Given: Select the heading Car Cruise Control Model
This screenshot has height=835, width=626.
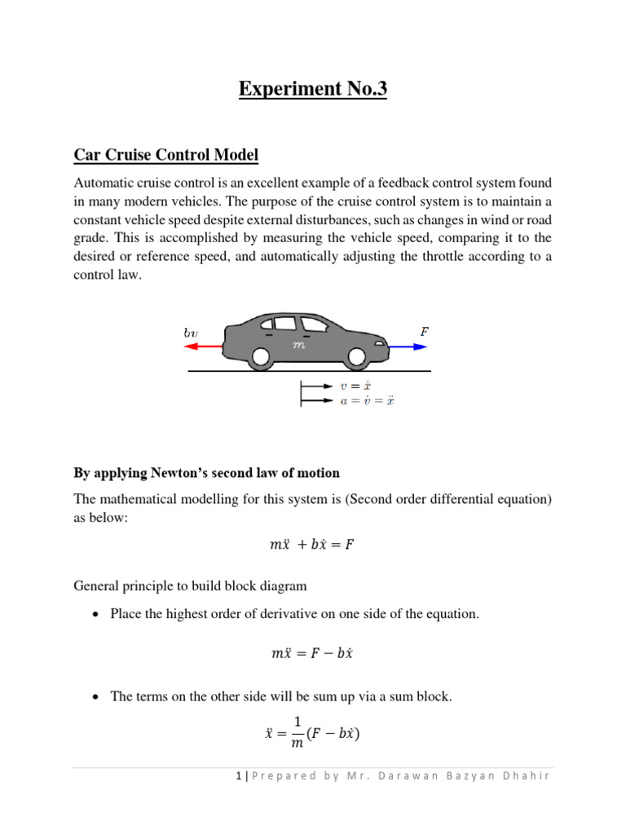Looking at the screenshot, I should coord(166,154).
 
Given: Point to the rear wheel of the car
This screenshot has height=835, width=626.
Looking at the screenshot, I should coord(260,357).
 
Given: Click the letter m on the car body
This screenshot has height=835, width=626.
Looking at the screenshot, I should coord(298,345).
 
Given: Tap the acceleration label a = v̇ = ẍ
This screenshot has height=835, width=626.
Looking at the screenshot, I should coord(368,400).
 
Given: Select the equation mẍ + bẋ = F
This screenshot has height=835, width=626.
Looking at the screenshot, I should coord(312,545).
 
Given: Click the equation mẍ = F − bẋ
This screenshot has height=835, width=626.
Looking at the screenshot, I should coord(312,654).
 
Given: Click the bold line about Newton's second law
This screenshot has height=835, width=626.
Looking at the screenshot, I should coord(206,473).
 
